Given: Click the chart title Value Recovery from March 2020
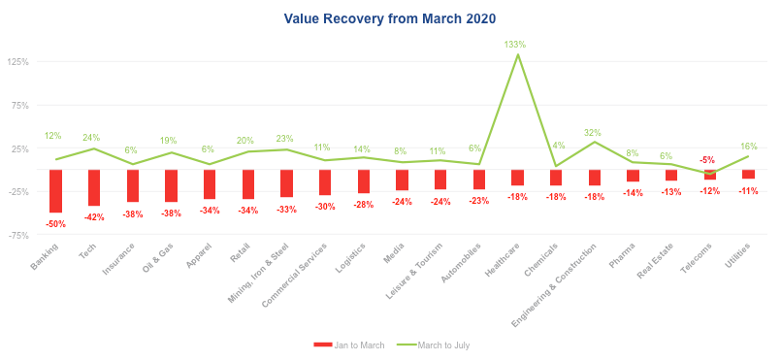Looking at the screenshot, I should tap(389, 18).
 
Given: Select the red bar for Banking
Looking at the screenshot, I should tap(55, 191).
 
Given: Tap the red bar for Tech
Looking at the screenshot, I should tap(94, 187).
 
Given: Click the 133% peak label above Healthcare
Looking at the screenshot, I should tap(516, 45).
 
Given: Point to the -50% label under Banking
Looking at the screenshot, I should tap(55, 224).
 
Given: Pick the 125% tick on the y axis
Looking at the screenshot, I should tap(17, 62).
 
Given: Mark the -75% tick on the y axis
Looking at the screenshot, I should tap(17, 236).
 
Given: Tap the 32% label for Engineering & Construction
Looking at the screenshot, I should tap(593, 132).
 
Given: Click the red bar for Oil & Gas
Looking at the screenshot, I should tap(171, 185).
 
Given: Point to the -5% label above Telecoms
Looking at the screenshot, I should tap(707, 160).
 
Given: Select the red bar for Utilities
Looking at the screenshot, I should tap(748, 175).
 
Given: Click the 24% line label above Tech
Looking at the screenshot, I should tap(91, 138).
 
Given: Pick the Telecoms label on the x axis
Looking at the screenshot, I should tap(698, 257).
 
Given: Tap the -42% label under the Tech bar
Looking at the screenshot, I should tap(94, 217).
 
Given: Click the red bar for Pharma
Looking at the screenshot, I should tap(633, 176).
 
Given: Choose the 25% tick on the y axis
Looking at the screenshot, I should tap(19, 148).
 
